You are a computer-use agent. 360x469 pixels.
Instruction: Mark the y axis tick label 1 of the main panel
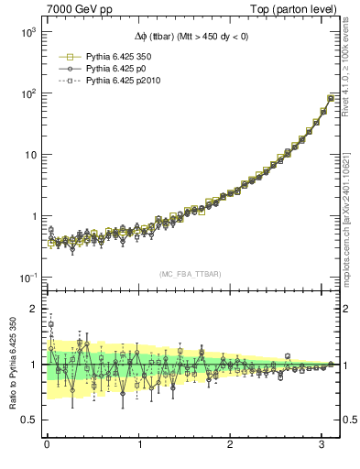point(32,216)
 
